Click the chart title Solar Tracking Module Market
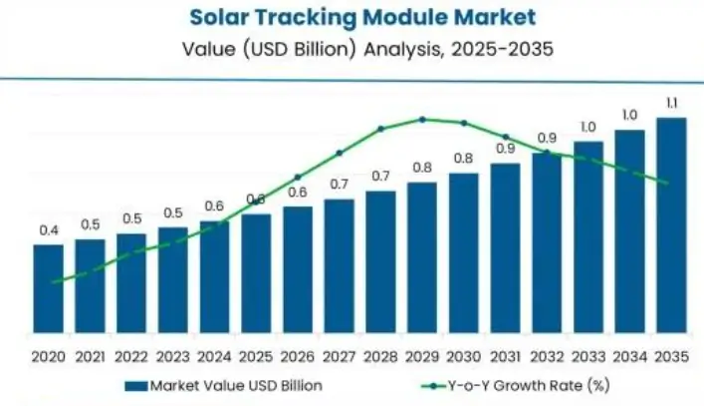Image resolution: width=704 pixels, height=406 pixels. (352, 17)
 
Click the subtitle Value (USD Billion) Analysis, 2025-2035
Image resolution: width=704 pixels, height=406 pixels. (352, 46)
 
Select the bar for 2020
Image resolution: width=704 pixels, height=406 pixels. (49, 288)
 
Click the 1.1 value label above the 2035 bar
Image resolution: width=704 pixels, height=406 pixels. (671, 102)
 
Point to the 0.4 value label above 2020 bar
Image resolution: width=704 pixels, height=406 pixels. (49, 230)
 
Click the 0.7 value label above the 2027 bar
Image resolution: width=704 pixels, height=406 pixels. (340, 185)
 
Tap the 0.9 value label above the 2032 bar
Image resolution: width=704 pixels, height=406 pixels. (547, 138)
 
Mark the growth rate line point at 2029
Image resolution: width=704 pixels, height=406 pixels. (422, 119)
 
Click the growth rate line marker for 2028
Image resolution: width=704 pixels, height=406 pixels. (380, 129)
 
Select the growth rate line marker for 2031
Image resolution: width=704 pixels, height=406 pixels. (505, 137)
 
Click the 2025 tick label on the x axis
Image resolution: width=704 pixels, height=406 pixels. (256, 356)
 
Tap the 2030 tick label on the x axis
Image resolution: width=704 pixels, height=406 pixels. (464, 356)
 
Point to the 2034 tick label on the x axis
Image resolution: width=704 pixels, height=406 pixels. (629, 356)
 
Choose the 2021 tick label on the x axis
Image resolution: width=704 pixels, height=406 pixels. (90, 356)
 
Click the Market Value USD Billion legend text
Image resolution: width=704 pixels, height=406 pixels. (235, 385)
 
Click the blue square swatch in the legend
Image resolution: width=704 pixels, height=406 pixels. (136, 385)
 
